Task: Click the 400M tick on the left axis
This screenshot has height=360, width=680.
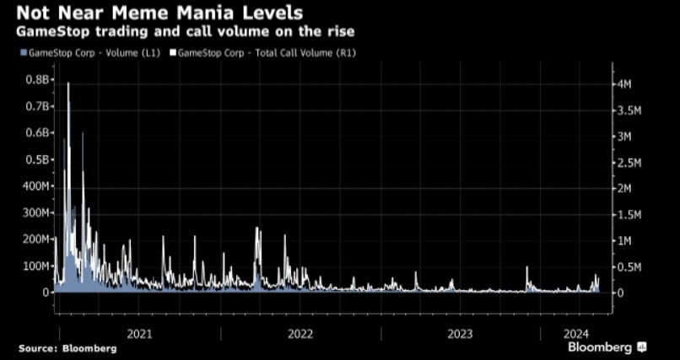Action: tap(35, 186)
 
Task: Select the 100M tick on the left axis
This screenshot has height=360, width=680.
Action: tap(35, 266)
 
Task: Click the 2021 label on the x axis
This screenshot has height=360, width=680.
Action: tap(139, 334)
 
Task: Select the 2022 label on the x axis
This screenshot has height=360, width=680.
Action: tap(300, 334)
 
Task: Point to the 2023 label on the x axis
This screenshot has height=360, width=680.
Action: tap(460, 334)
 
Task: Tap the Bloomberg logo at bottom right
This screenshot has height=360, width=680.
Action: tap(606, 347)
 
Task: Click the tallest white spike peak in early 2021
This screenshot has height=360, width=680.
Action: tap(67, 83)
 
